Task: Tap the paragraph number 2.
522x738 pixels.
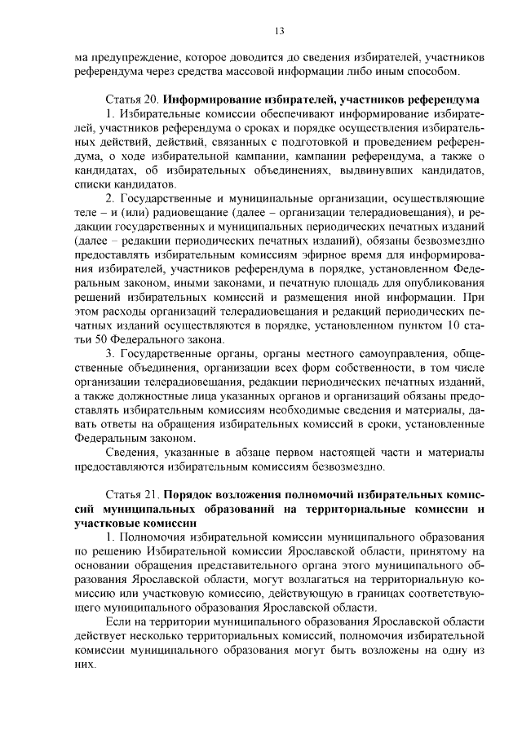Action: click(111, 198)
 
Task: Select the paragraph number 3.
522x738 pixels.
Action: click(111, 353)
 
